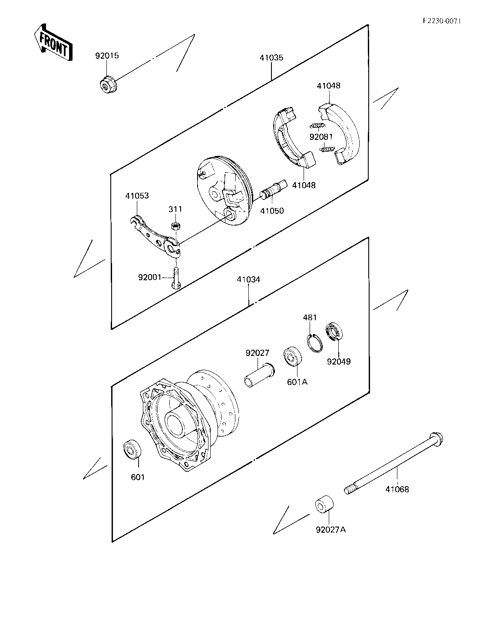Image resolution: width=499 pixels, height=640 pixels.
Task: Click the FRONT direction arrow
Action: (53, 43)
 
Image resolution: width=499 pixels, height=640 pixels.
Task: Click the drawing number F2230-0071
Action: (442, 21)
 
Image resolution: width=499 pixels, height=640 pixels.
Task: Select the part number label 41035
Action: (271, 58)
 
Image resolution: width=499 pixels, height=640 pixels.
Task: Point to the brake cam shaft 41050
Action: (273, 190)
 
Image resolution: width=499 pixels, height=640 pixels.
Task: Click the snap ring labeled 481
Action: (315, 343)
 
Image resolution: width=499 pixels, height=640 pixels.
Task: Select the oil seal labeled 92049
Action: (334, 332)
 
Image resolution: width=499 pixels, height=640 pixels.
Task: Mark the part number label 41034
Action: (248, 279)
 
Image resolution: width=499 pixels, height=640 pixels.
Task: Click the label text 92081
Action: (321, 137)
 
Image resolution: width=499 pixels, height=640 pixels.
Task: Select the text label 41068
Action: (397, 490)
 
